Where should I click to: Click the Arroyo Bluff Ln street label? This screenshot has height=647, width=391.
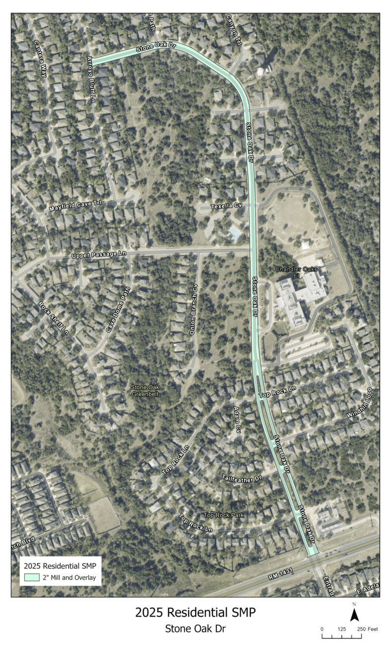91,80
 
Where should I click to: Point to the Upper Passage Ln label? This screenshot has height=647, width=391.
99,254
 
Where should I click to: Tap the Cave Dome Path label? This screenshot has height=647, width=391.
118,310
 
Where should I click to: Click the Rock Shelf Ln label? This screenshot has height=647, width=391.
53,317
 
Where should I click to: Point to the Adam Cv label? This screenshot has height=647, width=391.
237,420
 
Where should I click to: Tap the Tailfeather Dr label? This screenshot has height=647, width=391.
241,478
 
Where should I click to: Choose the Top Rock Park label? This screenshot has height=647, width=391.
224,515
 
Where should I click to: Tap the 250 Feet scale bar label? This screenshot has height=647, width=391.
370,629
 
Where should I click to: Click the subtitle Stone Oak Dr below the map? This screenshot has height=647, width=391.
195,629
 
